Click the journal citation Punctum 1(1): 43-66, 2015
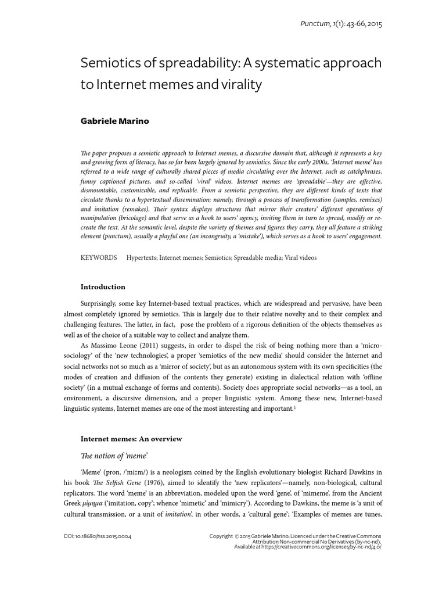pos(341,24)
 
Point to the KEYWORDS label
pos(98,257)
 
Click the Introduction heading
pos(102,286)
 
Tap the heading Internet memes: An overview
pos(131,438)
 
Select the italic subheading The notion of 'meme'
pos(114,456)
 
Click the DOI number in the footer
pos(101,536)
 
